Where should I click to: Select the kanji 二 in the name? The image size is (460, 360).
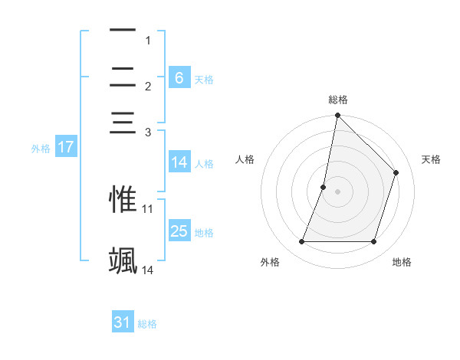click(123, 77)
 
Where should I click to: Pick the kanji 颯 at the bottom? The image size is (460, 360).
click(123, 260)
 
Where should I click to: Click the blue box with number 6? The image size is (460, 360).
click(179, 78)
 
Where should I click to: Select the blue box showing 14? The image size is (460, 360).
click(179, 162)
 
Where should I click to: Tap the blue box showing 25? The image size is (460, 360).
click(179, 231)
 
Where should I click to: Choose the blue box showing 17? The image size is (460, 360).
click(65, 147)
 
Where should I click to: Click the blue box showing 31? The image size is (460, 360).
click(123, 322)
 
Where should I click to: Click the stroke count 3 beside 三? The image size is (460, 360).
click(147, 133)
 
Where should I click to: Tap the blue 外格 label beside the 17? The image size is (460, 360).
click(40, 149)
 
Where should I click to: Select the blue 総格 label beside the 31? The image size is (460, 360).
click(147, 324)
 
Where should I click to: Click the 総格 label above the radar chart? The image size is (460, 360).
click(337, 100)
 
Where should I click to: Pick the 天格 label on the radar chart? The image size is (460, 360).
click(431, 159)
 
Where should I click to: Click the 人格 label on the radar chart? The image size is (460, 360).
click(245, 159)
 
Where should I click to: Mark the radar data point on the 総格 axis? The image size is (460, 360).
click(337, 116)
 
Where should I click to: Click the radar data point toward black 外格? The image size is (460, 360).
click(301, 242)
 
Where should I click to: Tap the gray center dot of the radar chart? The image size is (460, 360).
click(337, 191)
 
